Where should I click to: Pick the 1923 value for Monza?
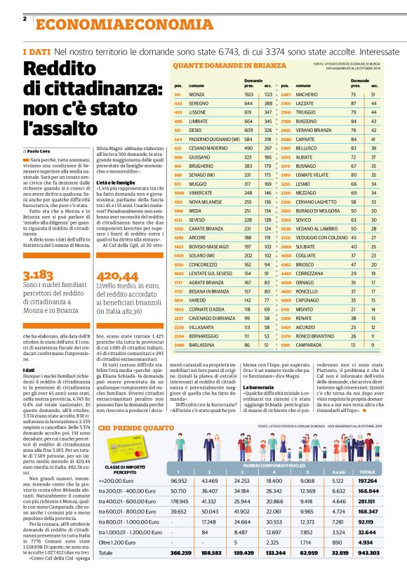[248, 94]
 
